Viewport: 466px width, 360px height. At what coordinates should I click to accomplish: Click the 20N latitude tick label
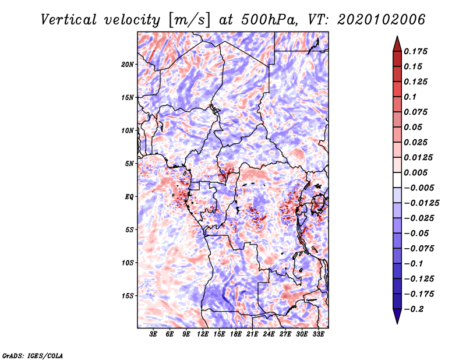[128, 64]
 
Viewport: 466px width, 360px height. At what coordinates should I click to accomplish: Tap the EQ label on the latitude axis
[129, 197]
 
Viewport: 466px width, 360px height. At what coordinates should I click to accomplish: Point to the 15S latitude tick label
[128, 296]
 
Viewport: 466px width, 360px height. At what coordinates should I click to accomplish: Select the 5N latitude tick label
[129, 164]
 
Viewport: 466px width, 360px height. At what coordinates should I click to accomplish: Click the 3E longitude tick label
[153, 334]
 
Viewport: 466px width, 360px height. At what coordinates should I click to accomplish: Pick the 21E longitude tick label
[252, 334]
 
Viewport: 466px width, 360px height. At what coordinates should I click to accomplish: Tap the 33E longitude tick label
[318, 334]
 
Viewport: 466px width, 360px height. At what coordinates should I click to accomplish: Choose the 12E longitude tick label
[203, 334]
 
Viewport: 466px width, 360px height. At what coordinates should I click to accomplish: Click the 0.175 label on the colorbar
[415, 51]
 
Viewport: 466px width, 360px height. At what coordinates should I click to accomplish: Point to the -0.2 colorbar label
[414, 309]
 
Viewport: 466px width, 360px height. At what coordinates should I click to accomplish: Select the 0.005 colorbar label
[415, 172]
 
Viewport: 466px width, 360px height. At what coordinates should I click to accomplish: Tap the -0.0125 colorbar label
[421, 203]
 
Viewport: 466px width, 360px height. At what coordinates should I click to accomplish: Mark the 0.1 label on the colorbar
[410, 97]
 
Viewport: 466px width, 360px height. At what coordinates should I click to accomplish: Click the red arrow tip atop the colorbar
[397, 36]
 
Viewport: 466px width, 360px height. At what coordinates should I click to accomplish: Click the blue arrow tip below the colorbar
[397, 323]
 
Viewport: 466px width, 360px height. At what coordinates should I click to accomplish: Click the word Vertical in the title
[69, 20]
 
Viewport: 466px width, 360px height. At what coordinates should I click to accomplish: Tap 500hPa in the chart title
[270, 20]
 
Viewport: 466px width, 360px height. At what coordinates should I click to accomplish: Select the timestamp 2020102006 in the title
[382, 20]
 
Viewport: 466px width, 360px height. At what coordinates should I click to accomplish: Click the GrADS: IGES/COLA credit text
[33, 356]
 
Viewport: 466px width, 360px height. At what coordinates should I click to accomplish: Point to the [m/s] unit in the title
[189, 20]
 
